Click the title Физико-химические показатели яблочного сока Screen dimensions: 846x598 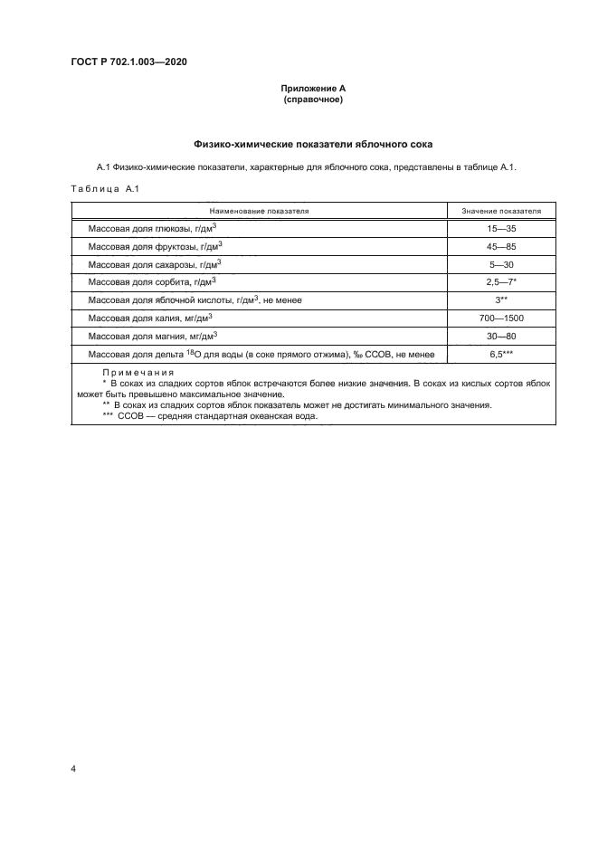tap(313, 144)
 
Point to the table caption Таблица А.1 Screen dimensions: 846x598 tap(102, 188)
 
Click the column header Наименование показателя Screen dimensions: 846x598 tap(259, 210)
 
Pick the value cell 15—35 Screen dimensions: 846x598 tap(501, 230)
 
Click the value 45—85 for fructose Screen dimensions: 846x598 tap(501, 247)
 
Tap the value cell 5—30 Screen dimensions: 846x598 tap(501, 265)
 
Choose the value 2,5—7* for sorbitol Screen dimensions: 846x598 tap(501, 282)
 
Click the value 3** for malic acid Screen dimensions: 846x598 tap(501, 300)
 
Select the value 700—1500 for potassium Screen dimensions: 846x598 tap(501, 318)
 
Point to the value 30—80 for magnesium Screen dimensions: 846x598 tap(501, 336)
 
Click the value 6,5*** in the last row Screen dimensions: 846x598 tap(501, 353)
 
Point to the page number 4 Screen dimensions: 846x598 tap(72, 769)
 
